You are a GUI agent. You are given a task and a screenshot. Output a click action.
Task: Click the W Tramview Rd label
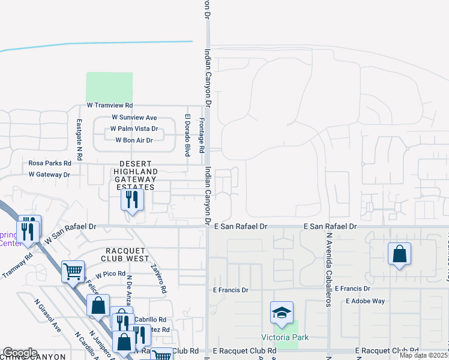click(110, 105)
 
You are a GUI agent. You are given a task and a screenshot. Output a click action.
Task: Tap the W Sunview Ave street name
click(134, 118)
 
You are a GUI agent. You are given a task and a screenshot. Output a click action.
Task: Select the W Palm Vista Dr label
click(134, 129)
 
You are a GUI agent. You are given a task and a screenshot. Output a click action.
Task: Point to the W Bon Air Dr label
click(134, 140)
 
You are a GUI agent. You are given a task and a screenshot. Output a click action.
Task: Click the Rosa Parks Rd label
click(50, 163)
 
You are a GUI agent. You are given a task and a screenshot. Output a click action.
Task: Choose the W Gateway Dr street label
click(49, 175)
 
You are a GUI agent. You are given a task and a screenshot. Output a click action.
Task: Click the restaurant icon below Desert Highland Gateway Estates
click(132, 199)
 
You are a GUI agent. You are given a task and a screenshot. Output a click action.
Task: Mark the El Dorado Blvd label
click(187, 136)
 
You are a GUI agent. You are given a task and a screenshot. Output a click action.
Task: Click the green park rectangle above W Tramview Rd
click(109, 87)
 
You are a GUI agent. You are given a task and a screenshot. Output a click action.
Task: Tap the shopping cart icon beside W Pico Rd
click(73, 271)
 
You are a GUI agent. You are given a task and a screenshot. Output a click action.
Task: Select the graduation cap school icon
click(282, 313)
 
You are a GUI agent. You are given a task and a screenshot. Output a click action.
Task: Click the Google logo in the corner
click(20, 353)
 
